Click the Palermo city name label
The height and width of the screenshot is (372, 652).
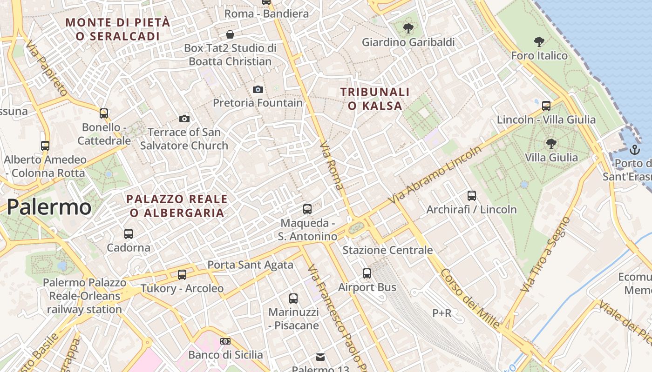pyautogui.click(x=49, y=207)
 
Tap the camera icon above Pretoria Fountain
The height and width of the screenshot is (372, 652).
pyautogui.click(x=258, y=89)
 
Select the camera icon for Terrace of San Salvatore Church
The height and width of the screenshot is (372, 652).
pyautogui.click(x=184, y=119)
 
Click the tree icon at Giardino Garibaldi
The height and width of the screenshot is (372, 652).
pyautogui.click(x=408, y=28)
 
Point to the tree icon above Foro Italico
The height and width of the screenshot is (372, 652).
pyautogui.click(x=539, y=42)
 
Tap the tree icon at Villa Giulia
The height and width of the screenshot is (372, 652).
pyautogui.click(x=551, y=144)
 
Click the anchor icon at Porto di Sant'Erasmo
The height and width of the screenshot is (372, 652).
pyautogui.click(x=634, y=150)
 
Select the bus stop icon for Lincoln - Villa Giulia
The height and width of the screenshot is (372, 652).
pyautogui.click(x=546, y=106)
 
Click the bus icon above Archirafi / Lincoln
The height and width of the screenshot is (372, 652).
pyautogui.click(x=472, y=196)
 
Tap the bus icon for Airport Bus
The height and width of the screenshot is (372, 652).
pyautogui.click(x=367, y=273)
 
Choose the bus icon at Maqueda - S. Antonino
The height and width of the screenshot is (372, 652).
pyautogui.click(x=307, y=209)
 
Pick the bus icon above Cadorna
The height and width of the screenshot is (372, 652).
pyautogui.click(x=129, y=234)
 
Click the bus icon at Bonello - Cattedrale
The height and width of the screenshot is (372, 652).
pyautogui.click(x=104, y=113)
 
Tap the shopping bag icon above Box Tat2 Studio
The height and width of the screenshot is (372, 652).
pyautogui.click(x=230, y=34)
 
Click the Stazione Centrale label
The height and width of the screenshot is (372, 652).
pyautogui.click(x=387, y=250)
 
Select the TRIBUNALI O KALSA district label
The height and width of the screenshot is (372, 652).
pyautogui.click(x=375, y=99)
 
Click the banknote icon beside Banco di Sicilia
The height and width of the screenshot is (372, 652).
pyautogui.click(x=225, y=341)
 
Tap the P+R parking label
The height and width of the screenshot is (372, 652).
pyautogui.click(x=442, y=313)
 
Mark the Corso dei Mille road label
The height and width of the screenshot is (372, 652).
pyautogui.click(x=469, y=299)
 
